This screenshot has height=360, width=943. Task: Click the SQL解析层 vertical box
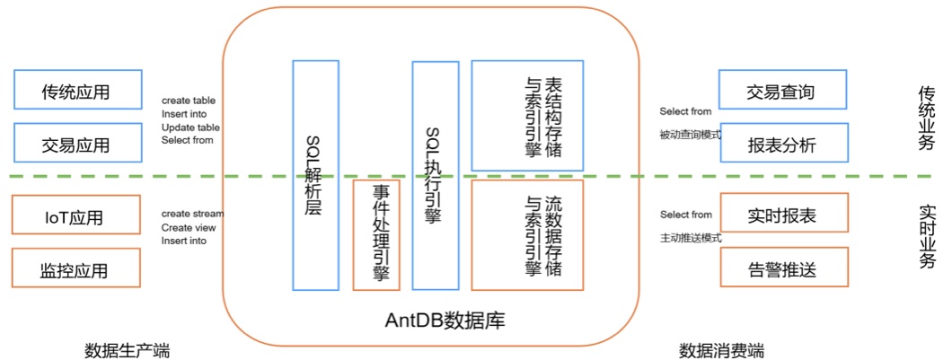click(315, 175)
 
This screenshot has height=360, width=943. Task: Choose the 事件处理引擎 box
click(376, 235)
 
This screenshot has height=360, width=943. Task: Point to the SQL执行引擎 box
click(436, 175)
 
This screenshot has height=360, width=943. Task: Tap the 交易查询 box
click(784, 91)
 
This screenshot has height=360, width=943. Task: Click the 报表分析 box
click(784, 144)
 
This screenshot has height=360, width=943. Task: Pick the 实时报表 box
click(784, 217)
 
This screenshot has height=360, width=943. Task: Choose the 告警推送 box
click(784, 268)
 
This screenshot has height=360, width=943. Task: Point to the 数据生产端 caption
click(126, 348)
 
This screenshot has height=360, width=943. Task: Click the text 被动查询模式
click(692, 136)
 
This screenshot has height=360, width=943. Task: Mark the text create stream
click(192, 215)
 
